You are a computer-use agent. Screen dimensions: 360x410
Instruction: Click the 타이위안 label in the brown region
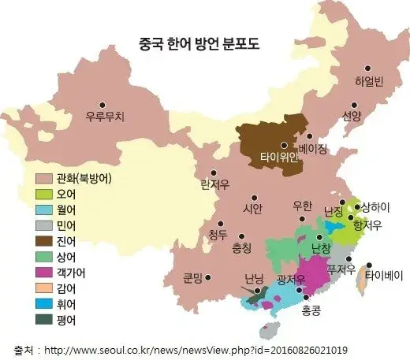click(280, 157)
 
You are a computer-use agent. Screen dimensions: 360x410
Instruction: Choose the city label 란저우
click(214, 185)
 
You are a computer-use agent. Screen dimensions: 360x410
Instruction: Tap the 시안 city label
click(252, 209)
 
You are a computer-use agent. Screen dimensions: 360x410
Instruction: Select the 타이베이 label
click(386, 276)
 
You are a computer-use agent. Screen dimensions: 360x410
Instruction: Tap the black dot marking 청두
click(229, 233)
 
